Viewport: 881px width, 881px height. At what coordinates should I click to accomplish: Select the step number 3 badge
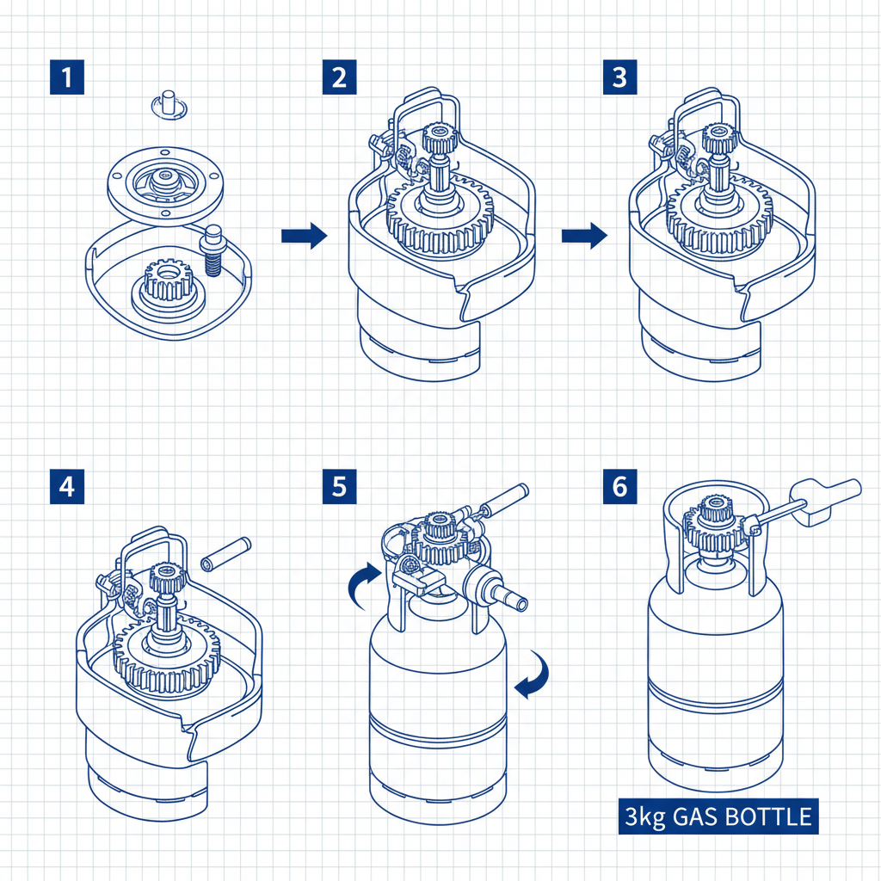[x=619, y=78]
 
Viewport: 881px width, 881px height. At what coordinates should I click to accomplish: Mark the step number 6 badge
[x=619, y=486]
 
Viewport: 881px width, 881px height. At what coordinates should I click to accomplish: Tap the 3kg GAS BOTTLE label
[x=718, y=816]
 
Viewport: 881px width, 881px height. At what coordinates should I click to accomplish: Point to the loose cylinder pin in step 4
[x=225, y=553]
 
